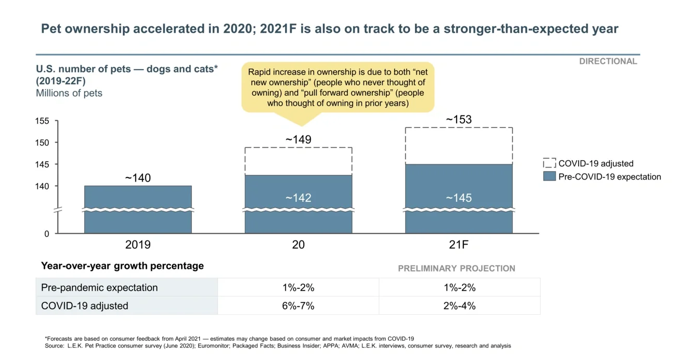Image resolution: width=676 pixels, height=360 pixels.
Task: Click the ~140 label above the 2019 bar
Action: coord(138,178)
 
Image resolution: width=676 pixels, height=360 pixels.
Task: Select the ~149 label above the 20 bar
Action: coord(298,139)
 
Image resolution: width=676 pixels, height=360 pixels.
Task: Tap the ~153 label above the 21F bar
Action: coord(459,120)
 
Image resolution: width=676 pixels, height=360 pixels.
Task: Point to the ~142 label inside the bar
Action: coord(298,198)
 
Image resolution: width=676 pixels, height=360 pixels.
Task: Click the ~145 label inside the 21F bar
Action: coord(459,198)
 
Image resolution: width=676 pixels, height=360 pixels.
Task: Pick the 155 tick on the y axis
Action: coord(43,121)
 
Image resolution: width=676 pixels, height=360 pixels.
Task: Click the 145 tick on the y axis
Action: coord(43,164)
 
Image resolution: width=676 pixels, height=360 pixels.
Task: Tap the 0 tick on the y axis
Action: coord(46,234)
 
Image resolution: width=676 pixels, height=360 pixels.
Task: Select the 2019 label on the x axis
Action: coord(138,245)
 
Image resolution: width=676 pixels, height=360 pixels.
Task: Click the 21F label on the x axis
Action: coord(459,245)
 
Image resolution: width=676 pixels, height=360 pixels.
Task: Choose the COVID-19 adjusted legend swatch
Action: coord(549,163)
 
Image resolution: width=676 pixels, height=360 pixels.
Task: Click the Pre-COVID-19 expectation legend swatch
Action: coord(549,176)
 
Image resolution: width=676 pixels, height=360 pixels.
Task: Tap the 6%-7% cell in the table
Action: coord(298,306)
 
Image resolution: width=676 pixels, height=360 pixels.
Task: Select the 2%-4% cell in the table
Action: coord(459,306)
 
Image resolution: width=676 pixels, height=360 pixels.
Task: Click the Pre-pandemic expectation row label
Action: coord(99,288)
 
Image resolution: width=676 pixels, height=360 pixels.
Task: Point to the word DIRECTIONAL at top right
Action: coord(608,61)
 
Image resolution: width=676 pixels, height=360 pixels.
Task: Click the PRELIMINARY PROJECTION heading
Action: coord(457,268)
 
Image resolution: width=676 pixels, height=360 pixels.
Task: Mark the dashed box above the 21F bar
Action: coord(459,146)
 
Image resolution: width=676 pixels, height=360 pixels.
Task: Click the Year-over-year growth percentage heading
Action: coord(122,266)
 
